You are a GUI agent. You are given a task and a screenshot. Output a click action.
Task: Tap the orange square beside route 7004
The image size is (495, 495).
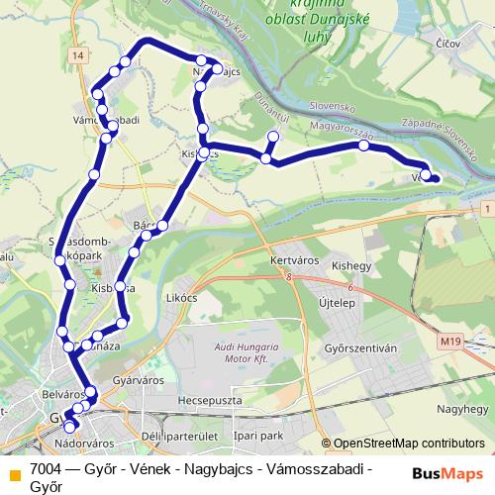(x=14, y=473)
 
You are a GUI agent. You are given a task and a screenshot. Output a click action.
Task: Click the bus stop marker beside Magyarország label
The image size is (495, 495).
(x=364, y=147)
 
